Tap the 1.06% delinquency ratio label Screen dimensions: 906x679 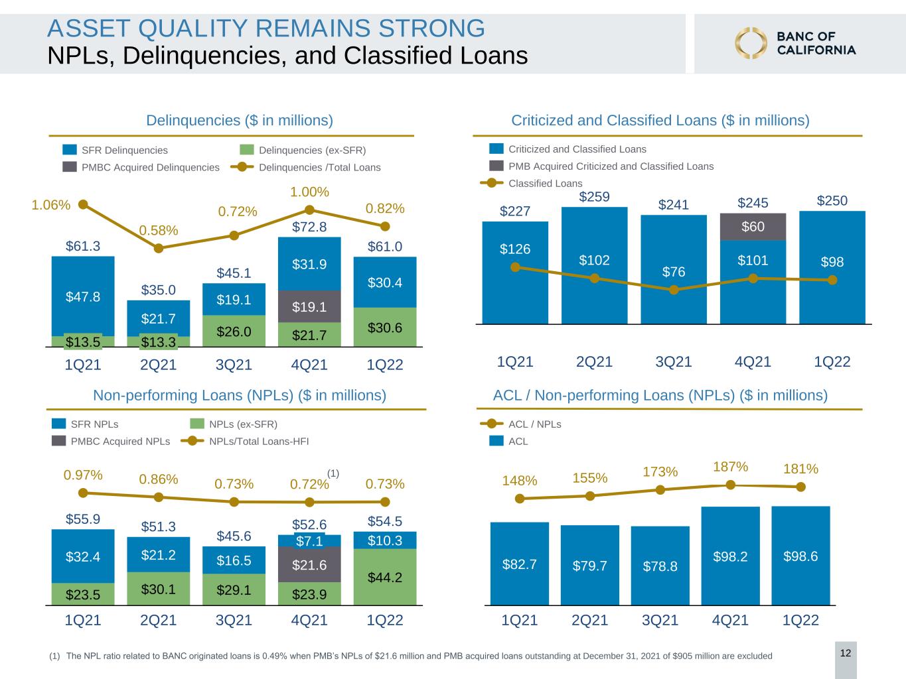point(50,205)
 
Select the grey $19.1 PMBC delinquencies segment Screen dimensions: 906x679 point(309,306)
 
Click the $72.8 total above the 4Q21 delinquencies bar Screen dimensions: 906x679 point(309,227)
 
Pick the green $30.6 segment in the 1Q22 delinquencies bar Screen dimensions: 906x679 point(385,327)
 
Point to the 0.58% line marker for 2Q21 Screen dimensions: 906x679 point(159,248)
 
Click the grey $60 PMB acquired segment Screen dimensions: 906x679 point(753,227)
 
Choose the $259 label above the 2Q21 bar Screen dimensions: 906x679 point(594,197)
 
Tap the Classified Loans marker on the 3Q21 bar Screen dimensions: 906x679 point(674,290)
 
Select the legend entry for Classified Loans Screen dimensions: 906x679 point(532,183)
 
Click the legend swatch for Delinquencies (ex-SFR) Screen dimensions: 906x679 point(246,150)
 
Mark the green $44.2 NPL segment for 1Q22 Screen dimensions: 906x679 point(385,577)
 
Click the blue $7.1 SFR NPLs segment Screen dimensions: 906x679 point(309,540)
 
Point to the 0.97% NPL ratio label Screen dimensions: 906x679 point(83,475)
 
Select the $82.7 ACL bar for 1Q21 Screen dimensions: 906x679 point(519,564)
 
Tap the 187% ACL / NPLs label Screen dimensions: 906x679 point(731,467)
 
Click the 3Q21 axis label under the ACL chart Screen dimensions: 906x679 point(660,620)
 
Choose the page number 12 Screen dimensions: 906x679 point(846,653)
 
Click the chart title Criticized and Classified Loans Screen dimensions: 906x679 point(660,121)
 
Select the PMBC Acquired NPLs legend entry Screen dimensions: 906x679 point(111,441)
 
